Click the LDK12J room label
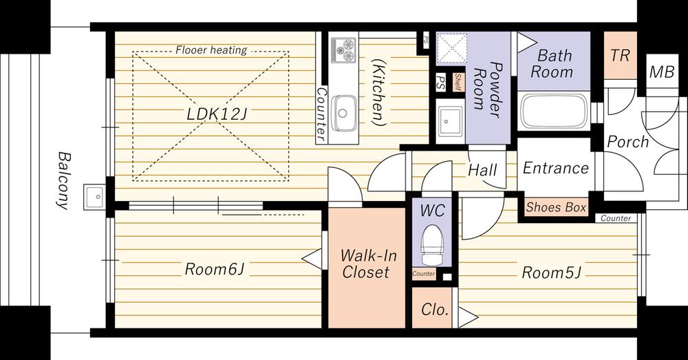[x=216, y=114]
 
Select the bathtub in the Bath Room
[x=553, y=112]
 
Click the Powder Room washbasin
[x=450, y=124]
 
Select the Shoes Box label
[x=556, y=207]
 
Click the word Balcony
[x=64, y=179]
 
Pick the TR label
[x=620, y=56]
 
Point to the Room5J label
[x=551, y=273]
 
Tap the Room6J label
[x=214, y=269]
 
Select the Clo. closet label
[x=434, y=309]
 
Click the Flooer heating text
[x=211, y=50]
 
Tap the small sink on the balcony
[x=94, y=197]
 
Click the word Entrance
[x=555, y=168]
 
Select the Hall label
[x=482, y=169]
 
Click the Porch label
[x=627, y=142]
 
